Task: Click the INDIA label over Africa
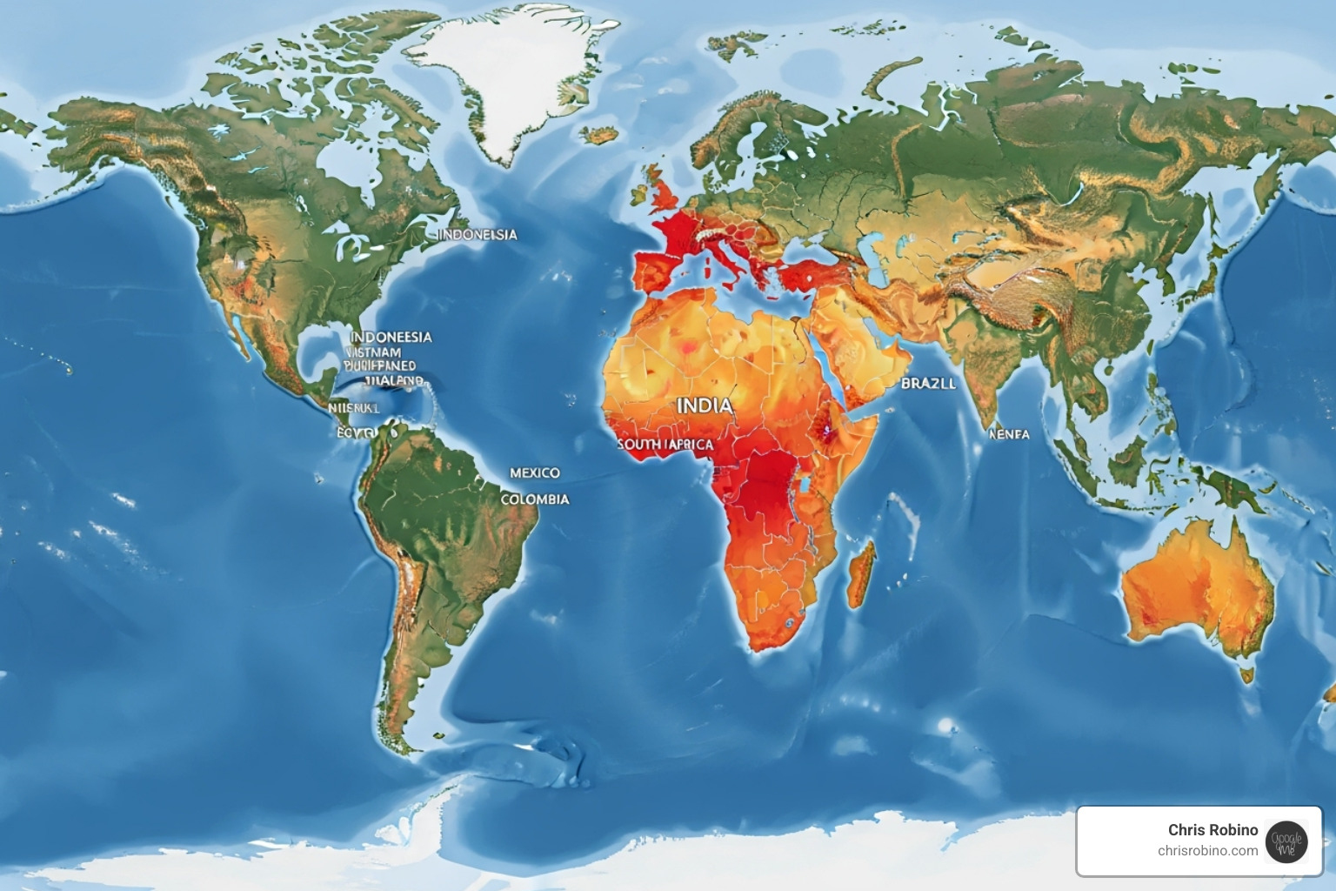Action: click(704, 405)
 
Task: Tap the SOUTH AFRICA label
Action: click(665, 445)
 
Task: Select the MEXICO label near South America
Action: click(534, 472)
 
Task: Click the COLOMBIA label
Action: click(535, 499)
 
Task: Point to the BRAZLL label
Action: click(927, 383)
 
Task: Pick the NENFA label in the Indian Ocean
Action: click(1009, 433)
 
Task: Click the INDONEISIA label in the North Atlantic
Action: click(477, 234)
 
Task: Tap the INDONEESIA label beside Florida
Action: click(391, 337)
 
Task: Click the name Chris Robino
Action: click(1212, 830)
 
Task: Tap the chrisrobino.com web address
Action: click(1207, 851)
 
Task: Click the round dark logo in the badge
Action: click(1286, 841)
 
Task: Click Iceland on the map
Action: click(599, 135)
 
